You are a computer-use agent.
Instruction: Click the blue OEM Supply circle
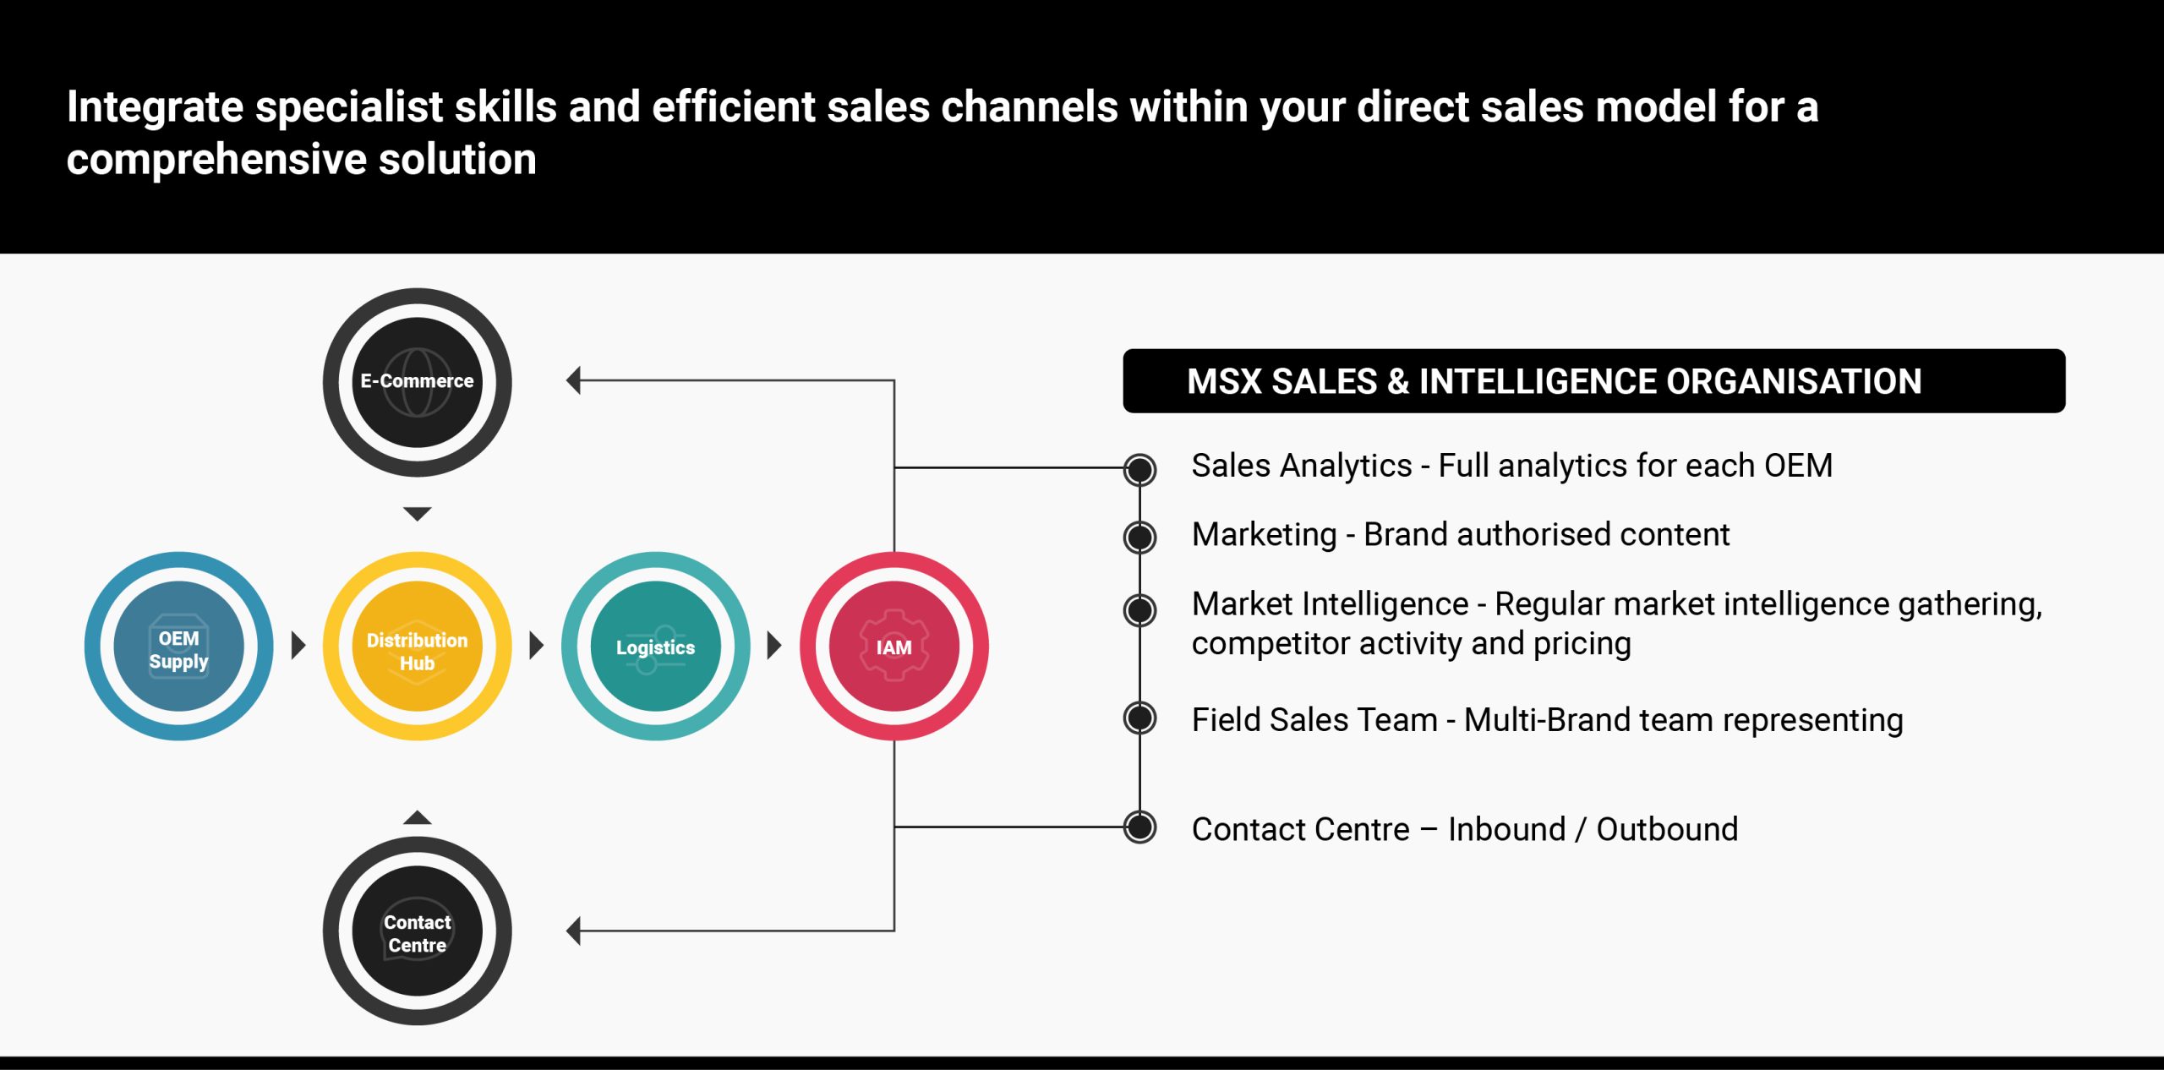[178, 647]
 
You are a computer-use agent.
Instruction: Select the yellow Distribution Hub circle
[417, 647]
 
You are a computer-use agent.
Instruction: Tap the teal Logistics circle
[655, 647]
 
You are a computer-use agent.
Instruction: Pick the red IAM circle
[893, 647]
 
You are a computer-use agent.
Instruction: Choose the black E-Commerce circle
[417, 382]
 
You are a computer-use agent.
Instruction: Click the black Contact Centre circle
[417, 931]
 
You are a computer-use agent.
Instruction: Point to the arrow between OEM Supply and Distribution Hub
[298, 646]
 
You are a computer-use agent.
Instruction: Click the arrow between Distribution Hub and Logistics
[536, 646]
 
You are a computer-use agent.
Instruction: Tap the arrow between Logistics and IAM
[773, 646]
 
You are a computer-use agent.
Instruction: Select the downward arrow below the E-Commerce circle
[417, 513]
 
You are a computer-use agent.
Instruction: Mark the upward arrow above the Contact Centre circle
[417, 817]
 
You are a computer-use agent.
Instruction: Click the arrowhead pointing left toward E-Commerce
[574, 380]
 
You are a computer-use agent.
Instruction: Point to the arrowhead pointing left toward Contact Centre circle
[574, 931]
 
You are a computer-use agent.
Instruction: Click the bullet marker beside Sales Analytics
[1139, 469]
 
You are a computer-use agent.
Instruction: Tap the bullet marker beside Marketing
[1139, 537]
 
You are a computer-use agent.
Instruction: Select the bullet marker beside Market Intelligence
[1139, 609]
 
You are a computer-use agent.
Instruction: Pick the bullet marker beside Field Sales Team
[1139, 718]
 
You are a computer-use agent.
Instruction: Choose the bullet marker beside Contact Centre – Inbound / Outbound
[1139, 827]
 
